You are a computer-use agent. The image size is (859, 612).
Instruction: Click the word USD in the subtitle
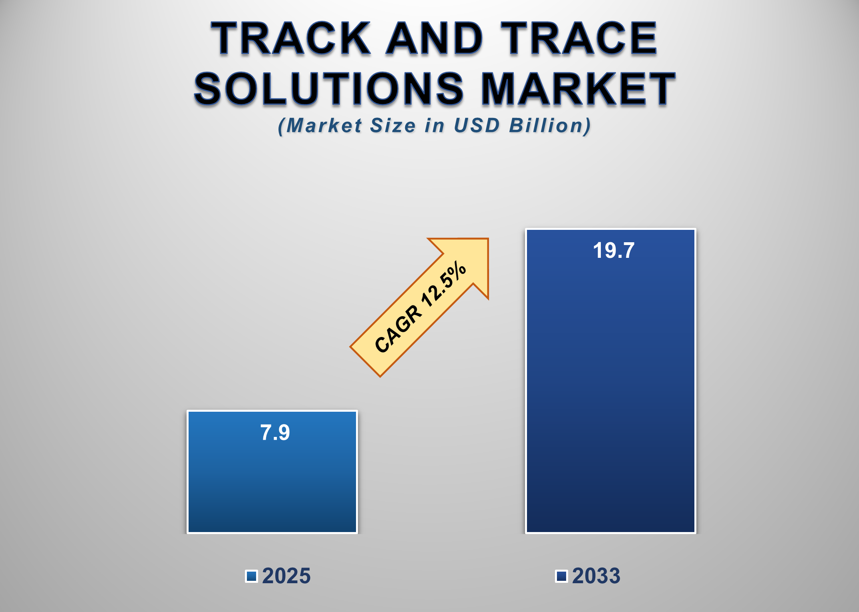click(x=477, y=126)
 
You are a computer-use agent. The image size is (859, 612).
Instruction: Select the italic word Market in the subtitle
click(x=324, y=126)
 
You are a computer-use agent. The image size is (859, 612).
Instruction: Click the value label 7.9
click(x=275, y=433)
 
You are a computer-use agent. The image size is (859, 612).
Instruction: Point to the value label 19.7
click(x=613, y=251)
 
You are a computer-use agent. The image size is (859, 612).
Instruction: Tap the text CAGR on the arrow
click(x=398, y=329)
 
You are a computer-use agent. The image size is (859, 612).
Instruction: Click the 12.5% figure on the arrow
click(x=444, y=285)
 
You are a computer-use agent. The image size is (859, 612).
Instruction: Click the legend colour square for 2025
click(x=251, y=576)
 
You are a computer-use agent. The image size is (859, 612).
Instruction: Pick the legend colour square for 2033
click(x=561, y=576)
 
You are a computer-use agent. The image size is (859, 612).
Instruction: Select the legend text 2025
click(x=286, y=576)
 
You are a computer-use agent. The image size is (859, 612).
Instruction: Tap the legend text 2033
click(x=596, y=576)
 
